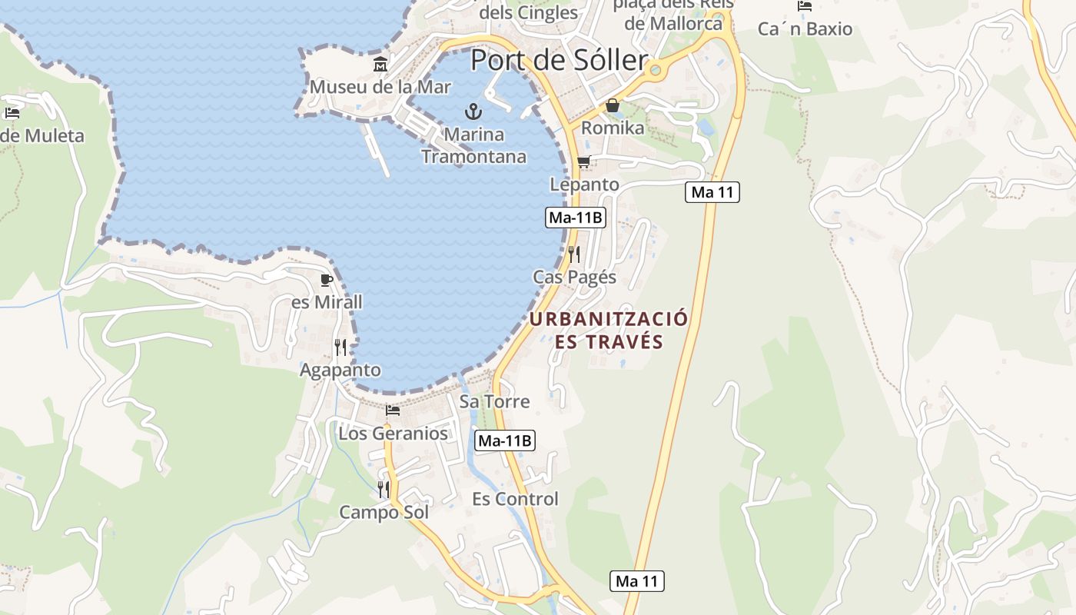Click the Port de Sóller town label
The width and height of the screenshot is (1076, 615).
[x=559, y=59]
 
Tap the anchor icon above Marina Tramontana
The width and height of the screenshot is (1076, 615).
[x=473, y=111]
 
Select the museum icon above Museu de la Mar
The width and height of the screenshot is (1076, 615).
[x=380, y=64]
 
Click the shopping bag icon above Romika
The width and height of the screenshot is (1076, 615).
[x=613, y=105]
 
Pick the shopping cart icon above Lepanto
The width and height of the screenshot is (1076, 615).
[x=583, y=161]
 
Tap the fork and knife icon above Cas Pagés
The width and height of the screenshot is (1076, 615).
[x=574, y=254]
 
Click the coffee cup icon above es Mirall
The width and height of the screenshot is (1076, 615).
[x=327, y=280]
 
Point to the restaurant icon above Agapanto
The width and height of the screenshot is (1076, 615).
[x=340, y=347]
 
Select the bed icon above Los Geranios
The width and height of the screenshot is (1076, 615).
[x=393, y=411]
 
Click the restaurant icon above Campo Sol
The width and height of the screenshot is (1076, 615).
[x=384, y=489]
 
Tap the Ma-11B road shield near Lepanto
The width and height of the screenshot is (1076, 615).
[x=576, y=218]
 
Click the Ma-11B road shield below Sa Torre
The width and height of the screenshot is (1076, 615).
[x=505, y=440]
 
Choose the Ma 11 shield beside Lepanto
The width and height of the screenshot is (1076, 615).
[x=712, y=192]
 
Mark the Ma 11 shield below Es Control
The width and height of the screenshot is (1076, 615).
[x=637, y=581]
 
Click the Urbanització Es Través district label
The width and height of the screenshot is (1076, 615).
[x=609, y=330]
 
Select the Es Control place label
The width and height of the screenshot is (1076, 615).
[x=515, y=499]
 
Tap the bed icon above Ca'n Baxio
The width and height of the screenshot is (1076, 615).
[x=805, y=6]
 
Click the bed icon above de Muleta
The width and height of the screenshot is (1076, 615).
[x=12, y=113]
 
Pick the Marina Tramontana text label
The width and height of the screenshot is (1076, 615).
[x=473, y=145]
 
